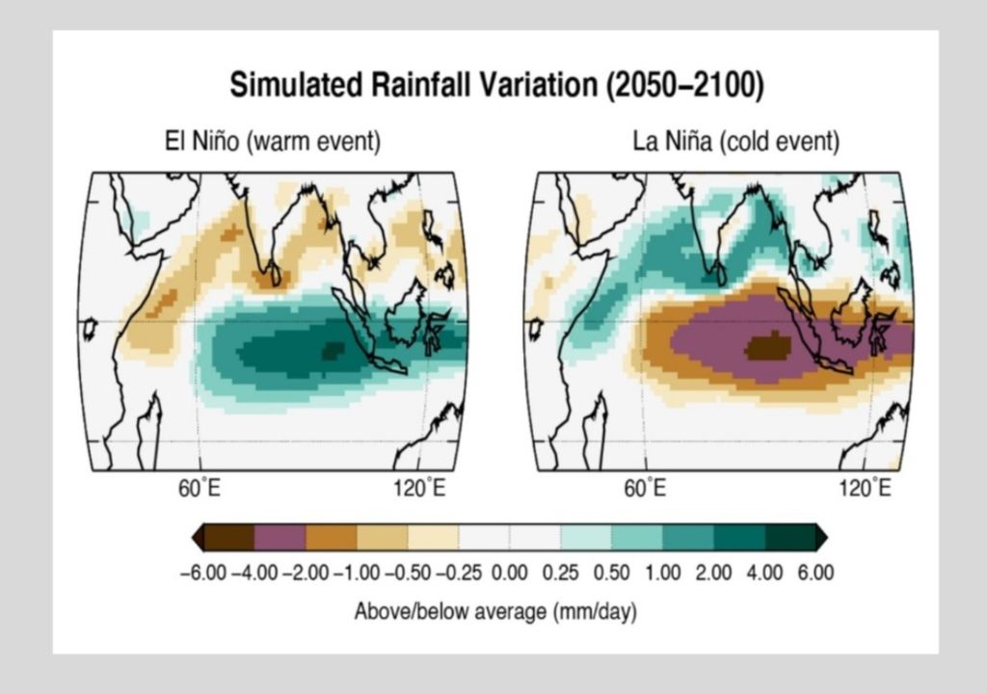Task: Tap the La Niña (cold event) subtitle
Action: [735, 142]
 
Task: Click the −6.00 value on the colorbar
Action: [203, 574]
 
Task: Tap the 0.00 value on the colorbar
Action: [510, 574]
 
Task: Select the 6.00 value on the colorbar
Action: [815, 574]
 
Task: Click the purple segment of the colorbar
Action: [280, 537]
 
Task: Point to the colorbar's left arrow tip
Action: [196, 537]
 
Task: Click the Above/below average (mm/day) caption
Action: [495, 611]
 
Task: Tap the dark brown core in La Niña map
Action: [768, 345]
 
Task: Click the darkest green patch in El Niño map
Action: [333, 350]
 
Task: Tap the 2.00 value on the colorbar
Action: [713, 574]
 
